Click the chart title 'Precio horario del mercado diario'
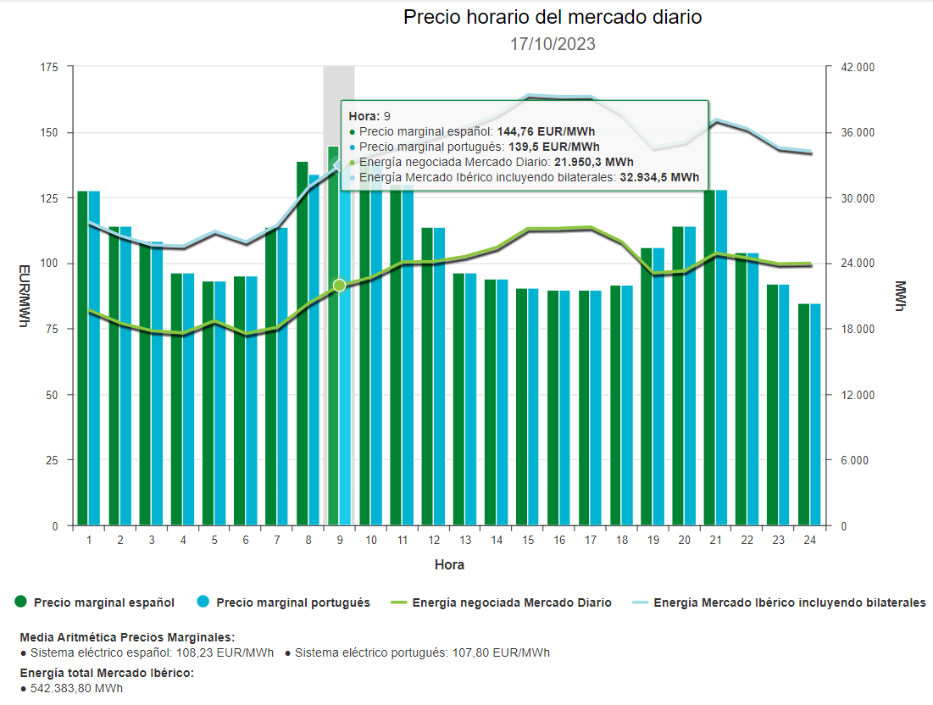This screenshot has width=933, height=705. coord(553,17)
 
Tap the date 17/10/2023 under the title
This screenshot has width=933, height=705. coord(553,44)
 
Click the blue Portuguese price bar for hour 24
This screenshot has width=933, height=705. coord(815,415)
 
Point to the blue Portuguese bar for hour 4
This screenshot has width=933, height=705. coord(188,398)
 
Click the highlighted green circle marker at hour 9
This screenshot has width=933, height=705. coord(340,286)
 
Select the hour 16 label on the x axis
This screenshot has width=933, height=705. coord(559,541)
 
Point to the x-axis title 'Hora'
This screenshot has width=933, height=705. coord(449,564)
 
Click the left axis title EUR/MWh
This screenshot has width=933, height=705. coord(25,296)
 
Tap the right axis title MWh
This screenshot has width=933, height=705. coord(900,296)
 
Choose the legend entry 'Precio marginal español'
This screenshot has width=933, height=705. coord(103,602)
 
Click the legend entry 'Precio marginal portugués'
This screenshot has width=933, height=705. coord(292,602)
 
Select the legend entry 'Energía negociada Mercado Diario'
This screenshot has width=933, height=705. coord(511,602)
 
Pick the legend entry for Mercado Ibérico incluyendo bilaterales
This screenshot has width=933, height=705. coord(789,602)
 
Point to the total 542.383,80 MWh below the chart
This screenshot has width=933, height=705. coord(76,688)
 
